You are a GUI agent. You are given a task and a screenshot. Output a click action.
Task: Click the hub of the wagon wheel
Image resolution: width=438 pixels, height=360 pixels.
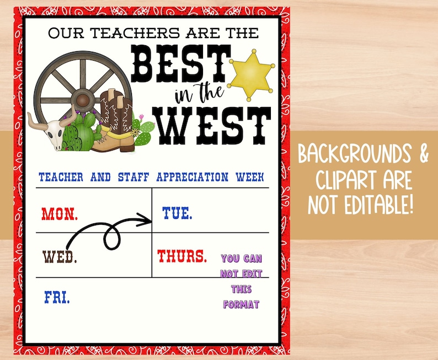(x=84, y=100)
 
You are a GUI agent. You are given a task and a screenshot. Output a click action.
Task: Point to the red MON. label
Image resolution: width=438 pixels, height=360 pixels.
(x=60, y=212)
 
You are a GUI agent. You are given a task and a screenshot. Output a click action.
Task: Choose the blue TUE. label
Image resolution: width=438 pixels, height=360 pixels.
(x=177, y=213)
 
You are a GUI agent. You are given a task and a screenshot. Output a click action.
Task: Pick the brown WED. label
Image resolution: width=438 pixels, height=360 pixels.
(x=60, y=257)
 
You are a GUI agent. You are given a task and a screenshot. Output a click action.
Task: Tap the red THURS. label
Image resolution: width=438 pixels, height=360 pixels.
(x=182, y=256)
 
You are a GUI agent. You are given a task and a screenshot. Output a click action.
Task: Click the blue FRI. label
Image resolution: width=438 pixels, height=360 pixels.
(x=57, y=298)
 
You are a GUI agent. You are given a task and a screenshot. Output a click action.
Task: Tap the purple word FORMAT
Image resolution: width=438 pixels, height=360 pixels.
(x=241, y=304)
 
